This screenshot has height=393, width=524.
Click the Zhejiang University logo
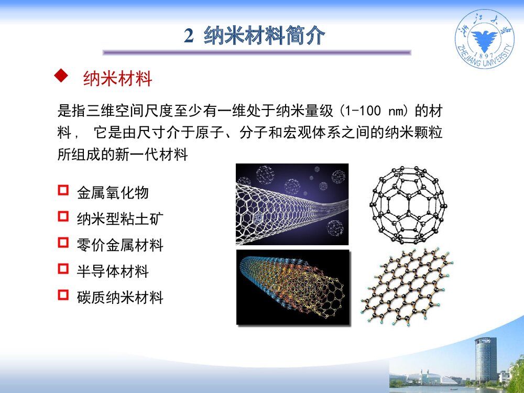[484, 42]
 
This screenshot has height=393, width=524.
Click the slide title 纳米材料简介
[264, 36]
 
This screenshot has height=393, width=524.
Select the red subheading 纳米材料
[117, 79]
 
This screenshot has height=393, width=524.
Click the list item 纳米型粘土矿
[120, 218]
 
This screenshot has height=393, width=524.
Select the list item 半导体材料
[113, 271]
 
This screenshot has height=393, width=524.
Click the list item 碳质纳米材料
[120, 298]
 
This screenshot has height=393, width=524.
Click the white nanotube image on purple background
[292, 204]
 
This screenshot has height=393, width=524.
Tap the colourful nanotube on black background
[292, 287]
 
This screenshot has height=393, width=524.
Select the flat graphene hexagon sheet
[407, 286]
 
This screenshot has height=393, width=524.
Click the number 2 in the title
[189, 37]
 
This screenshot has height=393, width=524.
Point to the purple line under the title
[257, 52]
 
